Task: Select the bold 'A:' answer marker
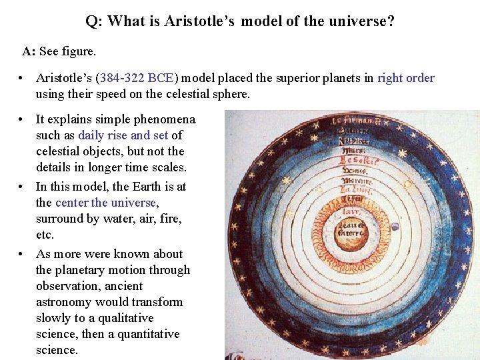point(29,51)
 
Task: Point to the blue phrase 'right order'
point(405,78)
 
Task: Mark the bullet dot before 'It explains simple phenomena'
point(23,119)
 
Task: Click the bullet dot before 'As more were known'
point(23,254)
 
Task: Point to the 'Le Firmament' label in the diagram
point(355,121)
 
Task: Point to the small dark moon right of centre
point(395,227)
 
